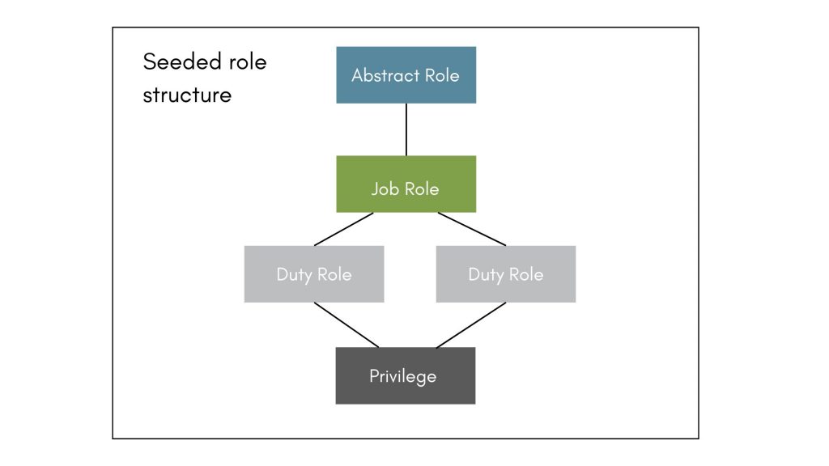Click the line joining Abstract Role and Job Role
point(406,129)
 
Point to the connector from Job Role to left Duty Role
point(344,229)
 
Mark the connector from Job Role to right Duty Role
point(471,229)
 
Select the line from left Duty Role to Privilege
point(346,325)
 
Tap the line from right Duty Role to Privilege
point(471,325)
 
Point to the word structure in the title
point(187,95)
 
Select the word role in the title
point(245,62)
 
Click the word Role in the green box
point(421,189)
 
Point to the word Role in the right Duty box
point(525,274)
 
